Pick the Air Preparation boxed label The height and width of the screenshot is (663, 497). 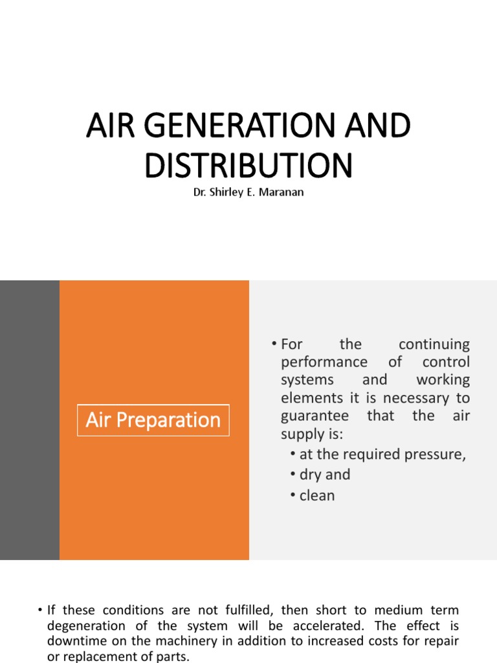coord(153,420)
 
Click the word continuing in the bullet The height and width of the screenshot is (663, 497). coord(434,344)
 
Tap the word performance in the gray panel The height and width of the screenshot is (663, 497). coord(324,362)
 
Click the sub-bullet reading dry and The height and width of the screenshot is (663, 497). coord(324,475)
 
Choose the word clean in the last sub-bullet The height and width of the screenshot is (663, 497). coord(317,496)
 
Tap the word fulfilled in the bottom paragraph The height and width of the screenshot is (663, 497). coord(243,610)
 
